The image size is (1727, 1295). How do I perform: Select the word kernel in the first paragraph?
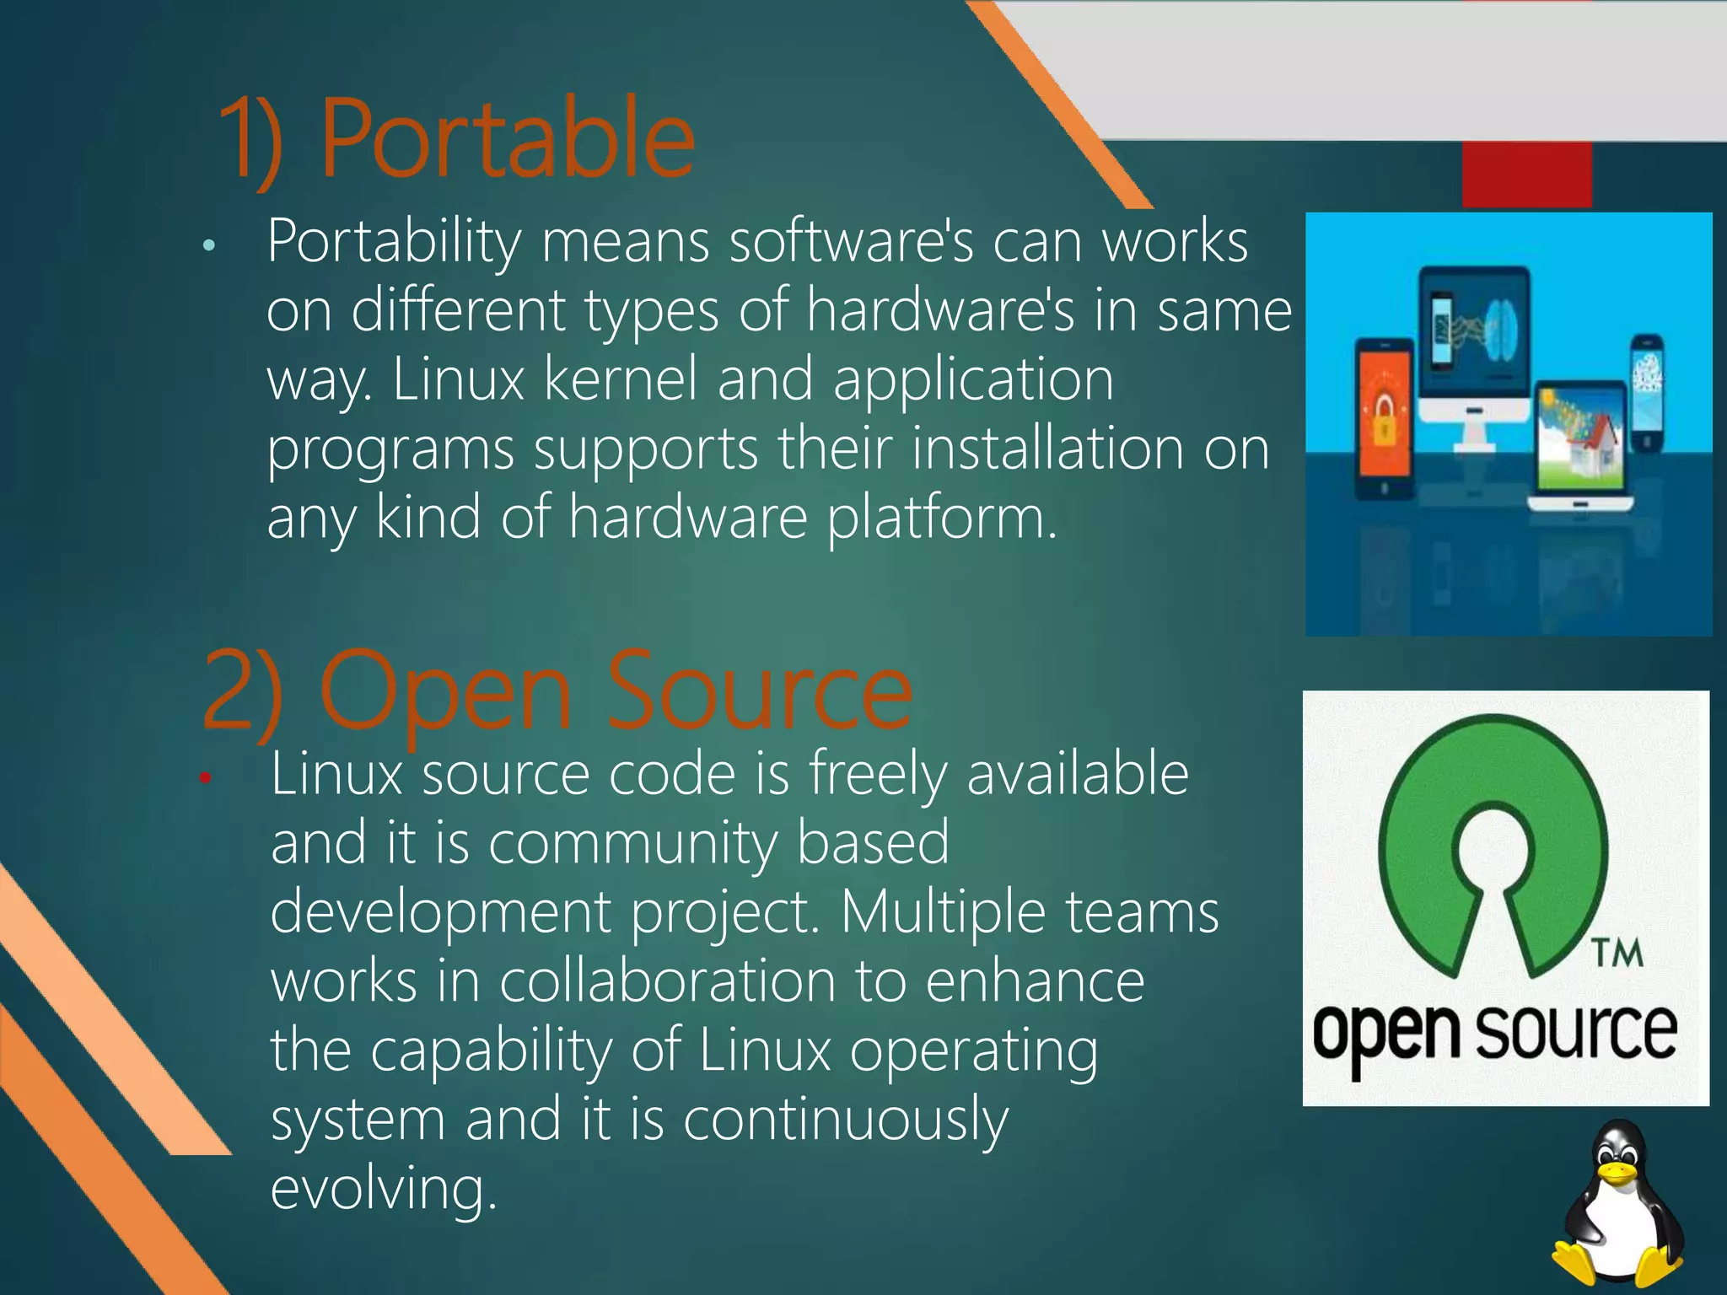(620, 379)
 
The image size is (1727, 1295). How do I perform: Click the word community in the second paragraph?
(632, 843)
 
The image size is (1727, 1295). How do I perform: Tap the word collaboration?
(666, 981)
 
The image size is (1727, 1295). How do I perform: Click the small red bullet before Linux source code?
(204, 777)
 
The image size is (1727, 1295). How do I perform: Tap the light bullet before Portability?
(209, 246)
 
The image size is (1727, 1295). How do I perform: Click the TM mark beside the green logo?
(1618, 953)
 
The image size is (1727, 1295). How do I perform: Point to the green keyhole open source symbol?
(1493, 843)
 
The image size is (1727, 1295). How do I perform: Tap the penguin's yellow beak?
(1617, 1173)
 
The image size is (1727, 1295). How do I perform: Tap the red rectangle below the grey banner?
(1526, 174)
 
